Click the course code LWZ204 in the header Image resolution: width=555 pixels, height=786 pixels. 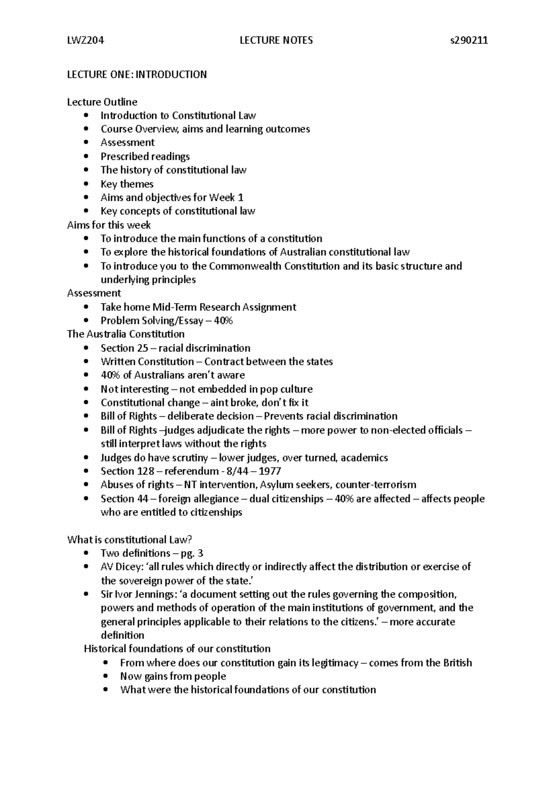(86, 40)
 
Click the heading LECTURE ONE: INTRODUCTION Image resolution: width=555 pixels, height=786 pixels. (137, 75)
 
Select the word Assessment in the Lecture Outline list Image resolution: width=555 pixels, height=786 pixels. (128, 143)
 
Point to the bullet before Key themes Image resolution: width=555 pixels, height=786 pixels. (86, 184)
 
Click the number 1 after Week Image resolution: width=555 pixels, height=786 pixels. (240, 198)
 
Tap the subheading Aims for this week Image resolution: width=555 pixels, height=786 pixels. (109, 225)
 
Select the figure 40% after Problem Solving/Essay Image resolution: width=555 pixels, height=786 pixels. (223, 321)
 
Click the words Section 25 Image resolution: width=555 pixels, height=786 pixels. (124, 348)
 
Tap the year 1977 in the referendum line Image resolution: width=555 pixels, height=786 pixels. (270, 471)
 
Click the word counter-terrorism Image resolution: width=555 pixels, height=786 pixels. (376, 485)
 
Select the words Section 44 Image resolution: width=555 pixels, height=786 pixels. (124, 499)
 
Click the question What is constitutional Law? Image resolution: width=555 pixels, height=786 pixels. (129, 540)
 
